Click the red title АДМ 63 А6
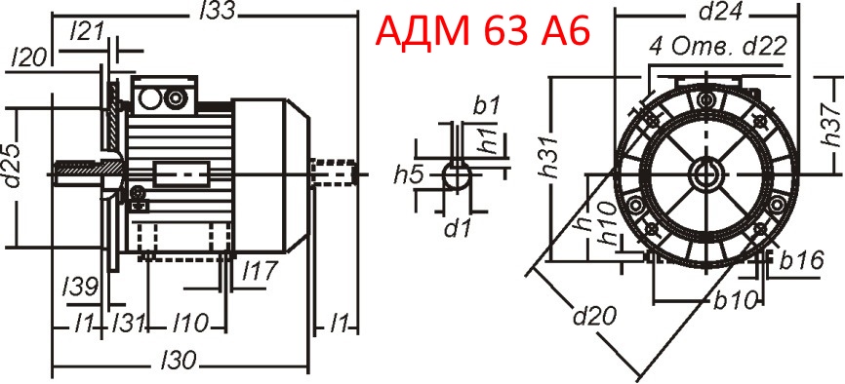482,32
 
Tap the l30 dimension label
178,360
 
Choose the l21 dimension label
88,30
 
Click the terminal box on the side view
163,96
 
